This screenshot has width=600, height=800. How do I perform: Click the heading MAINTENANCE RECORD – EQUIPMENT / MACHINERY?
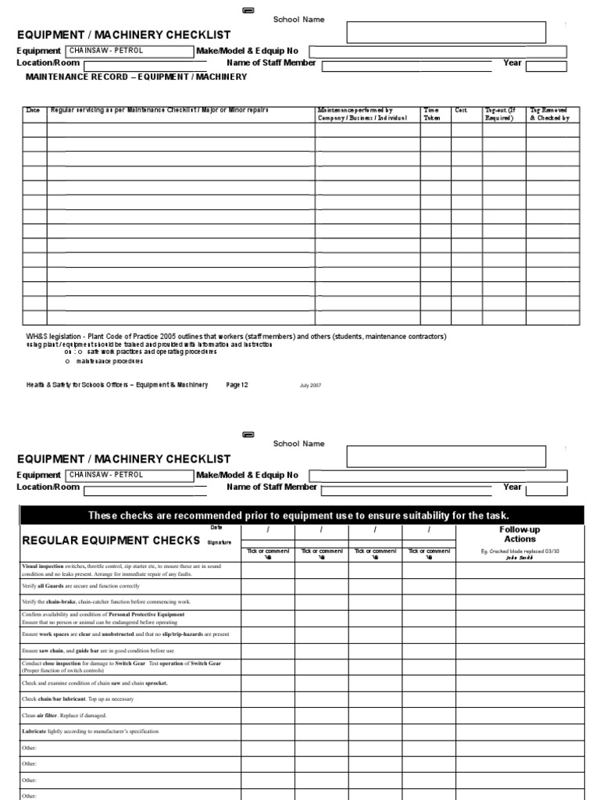coord(137,77)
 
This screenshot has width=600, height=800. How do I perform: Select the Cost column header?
coord(461,111)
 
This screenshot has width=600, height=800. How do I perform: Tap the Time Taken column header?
coord(432,114)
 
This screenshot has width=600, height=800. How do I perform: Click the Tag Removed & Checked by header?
coord(550,114)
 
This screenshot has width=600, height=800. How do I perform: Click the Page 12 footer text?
coord(237,384)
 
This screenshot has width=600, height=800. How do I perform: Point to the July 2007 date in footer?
coord(310,385)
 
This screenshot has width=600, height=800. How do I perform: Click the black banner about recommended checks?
coord(300,515)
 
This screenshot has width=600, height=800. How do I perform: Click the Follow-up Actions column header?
coord(520,534)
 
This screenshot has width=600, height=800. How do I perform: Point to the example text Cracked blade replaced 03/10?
coord(520,551)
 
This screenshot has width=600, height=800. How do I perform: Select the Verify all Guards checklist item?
coord(82,585)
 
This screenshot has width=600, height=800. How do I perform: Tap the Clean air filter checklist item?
coord(64,715)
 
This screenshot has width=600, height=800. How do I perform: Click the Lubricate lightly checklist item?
coord(90,731)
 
